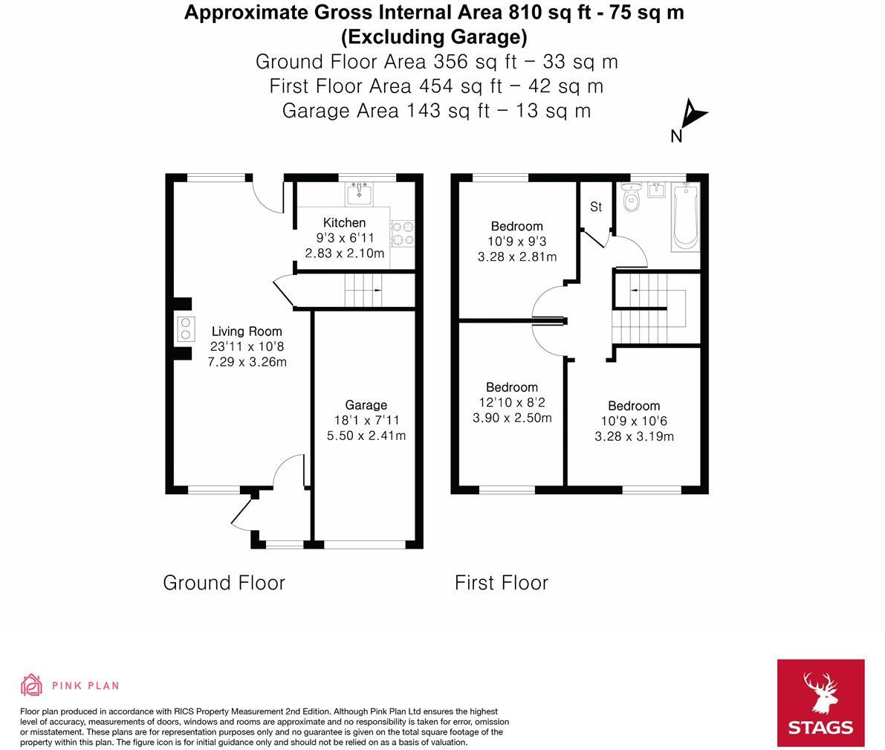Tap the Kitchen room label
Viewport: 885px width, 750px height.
(x=344, y=223)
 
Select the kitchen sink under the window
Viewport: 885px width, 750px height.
(x=360, y=194)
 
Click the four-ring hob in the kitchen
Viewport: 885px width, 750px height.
(x=403, y=233)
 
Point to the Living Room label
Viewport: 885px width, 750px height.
(x=247, y=332)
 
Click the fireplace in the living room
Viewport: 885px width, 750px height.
(x=185, y=329)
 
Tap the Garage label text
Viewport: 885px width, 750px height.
(x=366, y=405)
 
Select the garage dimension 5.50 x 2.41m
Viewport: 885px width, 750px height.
(x=366, y=436)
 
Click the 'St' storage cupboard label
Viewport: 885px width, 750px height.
(x=596, y=207)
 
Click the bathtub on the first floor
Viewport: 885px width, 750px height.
(x=685, y=218)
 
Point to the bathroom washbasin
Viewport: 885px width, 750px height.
(x=656, y=190)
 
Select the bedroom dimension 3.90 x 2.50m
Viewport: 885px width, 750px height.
(x=512, y=418)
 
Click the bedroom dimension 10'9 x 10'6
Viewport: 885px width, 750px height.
(x=634, y=421)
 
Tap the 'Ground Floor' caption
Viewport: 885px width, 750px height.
(x=224, y=583)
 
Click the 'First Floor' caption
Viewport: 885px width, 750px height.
(x=502, y=583)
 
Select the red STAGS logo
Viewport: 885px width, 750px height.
(x=820, y=702)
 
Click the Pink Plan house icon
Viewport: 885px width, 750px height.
(x=31, y=685)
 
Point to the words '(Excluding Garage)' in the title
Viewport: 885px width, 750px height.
(x=434, y=36)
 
